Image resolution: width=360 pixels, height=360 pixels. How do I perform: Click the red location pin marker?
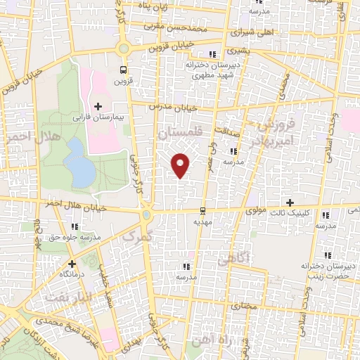click(181, 165)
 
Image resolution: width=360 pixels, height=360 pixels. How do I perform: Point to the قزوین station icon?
click(124, 70)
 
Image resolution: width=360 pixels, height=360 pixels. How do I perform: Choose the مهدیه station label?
click(202, 221)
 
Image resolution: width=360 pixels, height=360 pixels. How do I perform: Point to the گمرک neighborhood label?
click(136, 237)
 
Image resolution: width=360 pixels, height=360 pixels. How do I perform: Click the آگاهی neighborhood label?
click(233, 259)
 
